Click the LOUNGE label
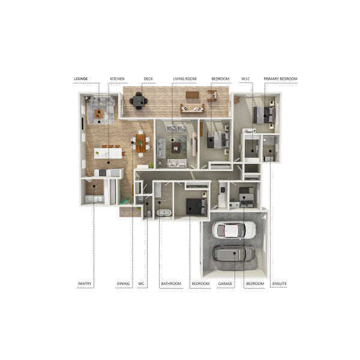tap(81, 79)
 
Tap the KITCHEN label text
tap(117, 79)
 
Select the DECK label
tap(148, 79)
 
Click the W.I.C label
tap(245, 79)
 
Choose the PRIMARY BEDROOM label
tap(280, 79)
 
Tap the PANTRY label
tap(85, 283)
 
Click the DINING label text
tap(124, 283)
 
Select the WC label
tap(142, 283)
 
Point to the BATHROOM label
tap(170, 283)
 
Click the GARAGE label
tap(225, 283)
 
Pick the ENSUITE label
tap(280, 283)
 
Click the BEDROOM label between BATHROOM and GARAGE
tap(200, 283)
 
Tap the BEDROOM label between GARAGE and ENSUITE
tap(255, 283)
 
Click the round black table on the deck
tap(139, 101)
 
